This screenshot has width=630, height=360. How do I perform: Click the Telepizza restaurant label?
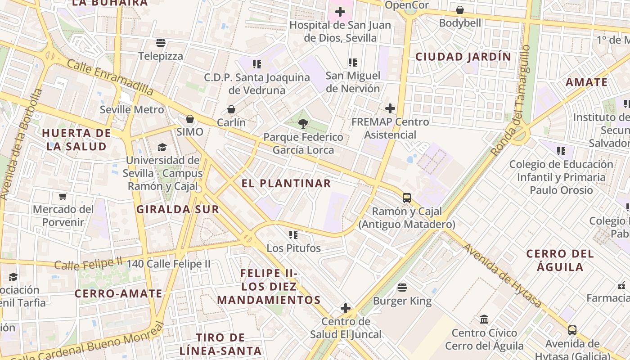161,56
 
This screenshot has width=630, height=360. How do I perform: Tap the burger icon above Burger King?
402,287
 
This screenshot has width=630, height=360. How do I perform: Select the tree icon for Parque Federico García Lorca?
303,123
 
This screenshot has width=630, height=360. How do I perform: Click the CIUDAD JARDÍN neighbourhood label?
463,57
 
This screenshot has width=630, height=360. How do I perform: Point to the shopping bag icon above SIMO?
190,119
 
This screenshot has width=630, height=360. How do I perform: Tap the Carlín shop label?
231,122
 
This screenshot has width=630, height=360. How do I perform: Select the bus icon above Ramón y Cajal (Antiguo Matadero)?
407,198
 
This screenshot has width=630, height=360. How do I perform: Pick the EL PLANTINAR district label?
286,184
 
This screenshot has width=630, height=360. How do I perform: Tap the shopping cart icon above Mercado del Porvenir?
63,196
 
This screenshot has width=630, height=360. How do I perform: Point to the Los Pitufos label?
293,248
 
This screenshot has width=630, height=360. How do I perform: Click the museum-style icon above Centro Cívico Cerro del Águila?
484,319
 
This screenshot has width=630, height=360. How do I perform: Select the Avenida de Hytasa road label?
501,275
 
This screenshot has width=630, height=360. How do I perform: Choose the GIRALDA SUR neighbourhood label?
178,209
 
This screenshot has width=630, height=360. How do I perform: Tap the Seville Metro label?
132,109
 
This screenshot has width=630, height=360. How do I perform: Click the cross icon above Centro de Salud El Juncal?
346,308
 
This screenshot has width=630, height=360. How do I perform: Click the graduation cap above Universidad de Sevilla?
162,147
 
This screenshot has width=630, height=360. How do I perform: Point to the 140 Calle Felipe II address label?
168,264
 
